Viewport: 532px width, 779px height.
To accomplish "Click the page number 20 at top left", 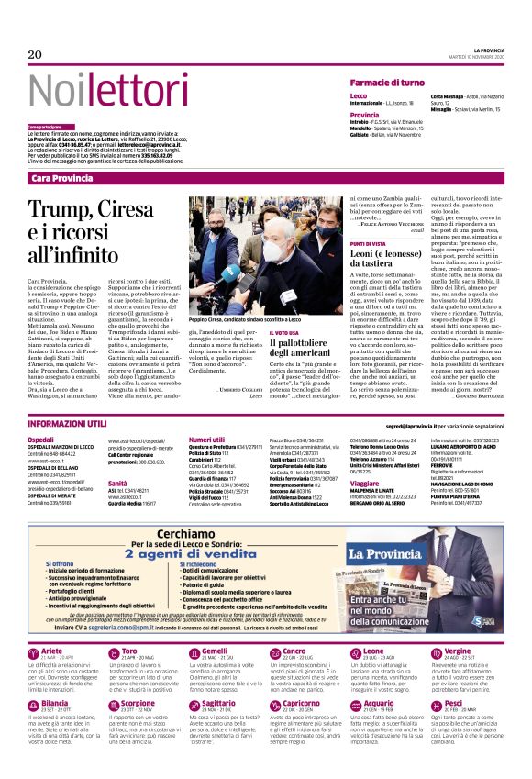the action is click(35, 55).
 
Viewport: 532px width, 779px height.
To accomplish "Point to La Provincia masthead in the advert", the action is click(446, 556).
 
